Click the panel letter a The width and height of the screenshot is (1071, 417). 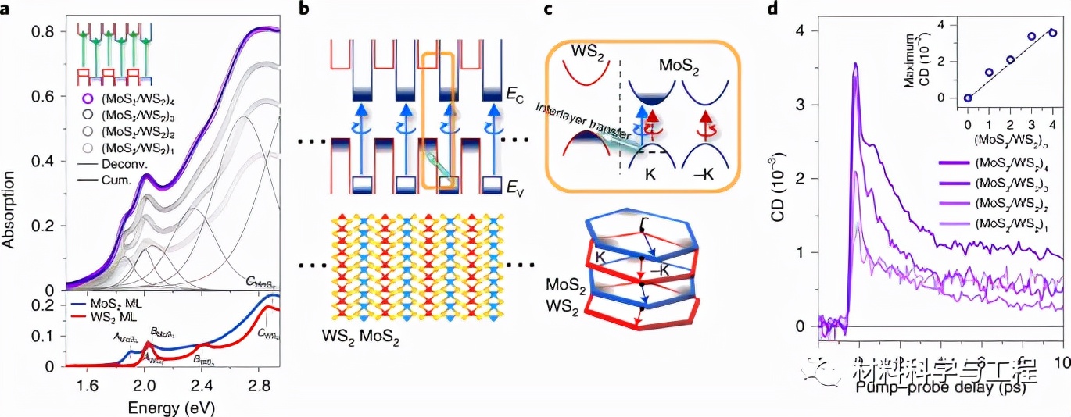tap(6, 9)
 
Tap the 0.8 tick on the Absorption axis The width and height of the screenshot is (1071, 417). tap(44, 32)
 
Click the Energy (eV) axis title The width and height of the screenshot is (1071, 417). tap(168, 407)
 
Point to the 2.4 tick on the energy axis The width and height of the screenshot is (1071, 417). tap(202, 386)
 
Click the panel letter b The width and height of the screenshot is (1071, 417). tap(298, 9)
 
